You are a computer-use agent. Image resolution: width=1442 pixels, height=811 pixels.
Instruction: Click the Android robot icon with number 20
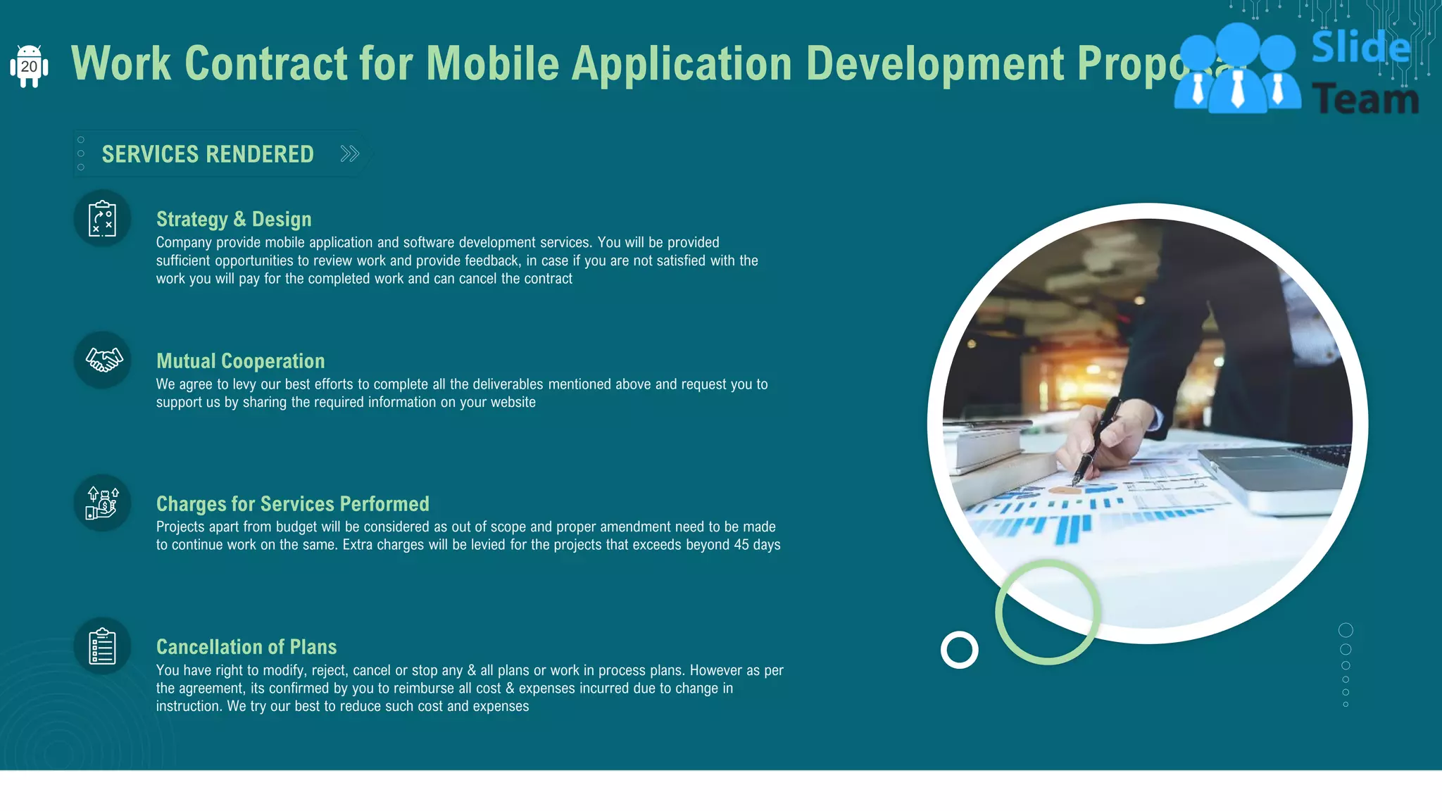(29, 66)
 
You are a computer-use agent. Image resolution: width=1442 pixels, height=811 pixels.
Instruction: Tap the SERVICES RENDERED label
(208, 154)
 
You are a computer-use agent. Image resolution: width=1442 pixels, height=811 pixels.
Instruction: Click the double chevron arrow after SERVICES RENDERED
(350, 153)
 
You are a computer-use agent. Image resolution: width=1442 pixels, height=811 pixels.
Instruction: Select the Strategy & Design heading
(234, 219)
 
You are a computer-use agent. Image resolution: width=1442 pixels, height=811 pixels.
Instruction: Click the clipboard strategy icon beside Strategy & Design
(102, 218)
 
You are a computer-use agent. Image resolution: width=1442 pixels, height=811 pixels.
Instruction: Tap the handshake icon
(103, 360)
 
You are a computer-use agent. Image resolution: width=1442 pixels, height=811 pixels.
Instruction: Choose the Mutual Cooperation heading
(240, 361)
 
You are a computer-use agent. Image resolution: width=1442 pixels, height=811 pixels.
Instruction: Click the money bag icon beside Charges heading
(103, 503)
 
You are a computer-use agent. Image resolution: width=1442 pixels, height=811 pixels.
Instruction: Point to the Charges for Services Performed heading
(292, 504)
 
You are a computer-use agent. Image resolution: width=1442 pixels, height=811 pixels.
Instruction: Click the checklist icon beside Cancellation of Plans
(102, 646)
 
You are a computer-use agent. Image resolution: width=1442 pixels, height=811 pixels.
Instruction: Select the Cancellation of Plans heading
(246, 647)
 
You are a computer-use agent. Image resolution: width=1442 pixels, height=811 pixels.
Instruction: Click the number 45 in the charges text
(741, 545)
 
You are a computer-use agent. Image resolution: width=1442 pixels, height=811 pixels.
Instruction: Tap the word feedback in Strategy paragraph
(491, 260)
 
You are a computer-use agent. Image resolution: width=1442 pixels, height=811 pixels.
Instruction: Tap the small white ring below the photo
(959, 649)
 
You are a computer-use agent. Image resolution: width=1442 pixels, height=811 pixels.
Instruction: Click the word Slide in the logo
(1360, 48)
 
